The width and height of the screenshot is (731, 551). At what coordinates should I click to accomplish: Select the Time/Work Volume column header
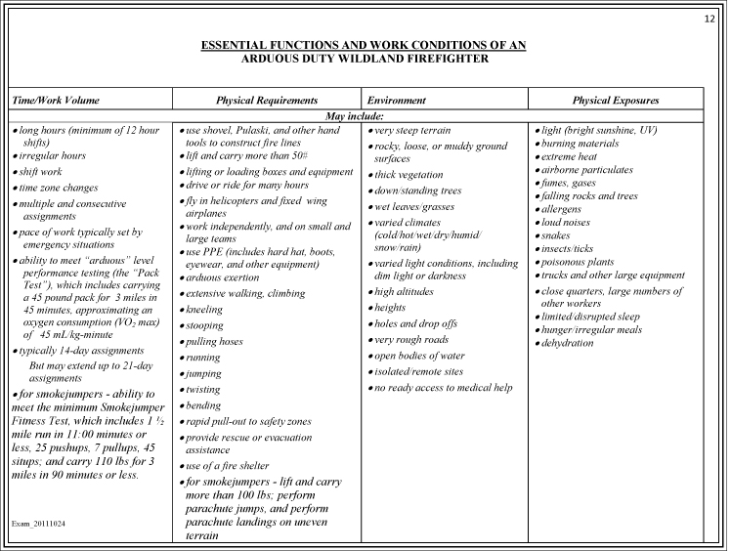(x=55, y=101)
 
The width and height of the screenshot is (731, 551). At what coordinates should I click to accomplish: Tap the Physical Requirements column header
(x=267, y=101)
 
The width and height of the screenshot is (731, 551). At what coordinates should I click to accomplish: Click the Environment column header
(x=396, y=101)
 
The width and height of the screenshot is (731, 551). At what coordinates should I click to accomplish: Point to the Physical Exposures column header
(x=615, y=101)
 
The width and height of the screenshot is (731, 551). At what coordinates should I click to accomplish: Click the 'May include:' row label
(x=365, y=117)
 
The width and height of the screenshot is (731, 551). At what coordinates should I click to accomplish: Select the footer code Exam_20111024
(x=39, y=524)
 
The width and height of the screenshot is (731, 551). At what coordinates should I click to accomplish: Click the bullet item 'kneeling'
(x=204, y=309)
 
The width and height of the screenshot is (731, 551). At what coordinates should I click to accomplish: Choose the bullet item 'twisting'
(x=203, y=388)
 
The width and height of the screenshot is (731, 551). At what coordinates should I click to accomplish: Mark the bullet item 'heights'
(x=391, y=307)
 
